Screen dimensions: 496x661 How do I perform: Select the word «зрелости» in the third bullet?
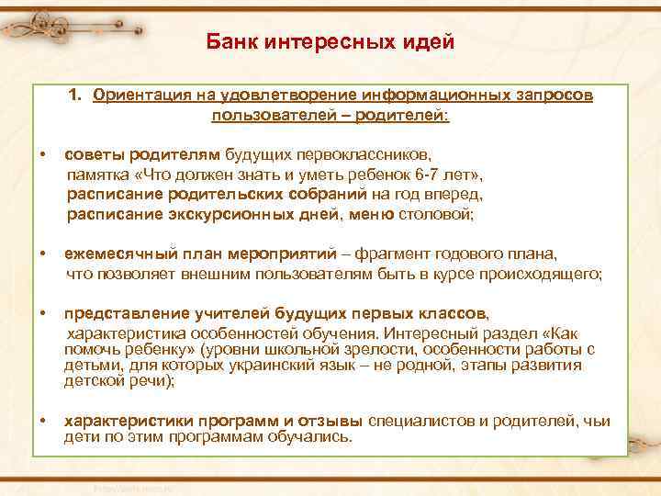pos(362,349)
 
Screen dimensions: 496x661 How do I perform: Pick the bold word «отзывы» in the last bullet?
pos(330,421)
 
